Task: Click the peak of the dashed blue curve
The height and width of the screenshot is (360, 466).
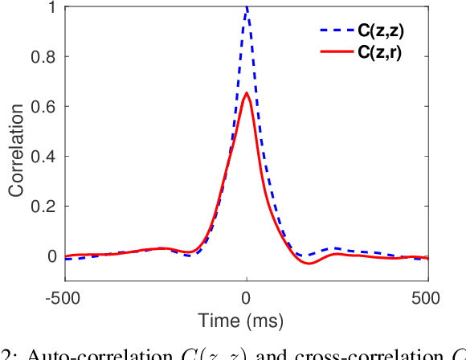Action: click(247, 7)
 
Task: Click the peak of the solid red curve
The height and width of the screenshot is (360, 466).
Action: click(247, 93)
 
